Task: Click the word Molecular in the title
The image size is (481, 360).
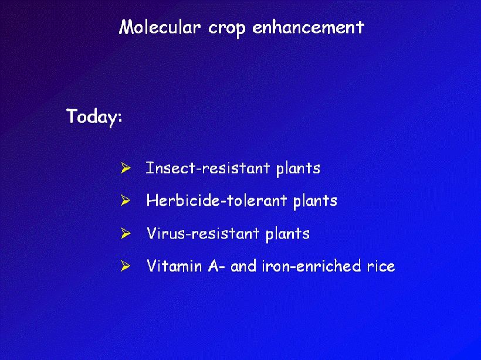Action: [160, 27]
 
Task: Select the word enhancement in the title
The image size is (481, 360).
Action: [309, 27]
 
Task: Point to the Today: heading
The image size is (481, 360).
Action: [94, 117]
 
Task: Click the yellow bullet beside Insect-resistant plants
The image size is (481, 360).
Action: [126, 168]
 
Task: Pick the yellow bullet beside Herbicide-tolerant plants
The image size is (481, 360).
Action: [126, 201]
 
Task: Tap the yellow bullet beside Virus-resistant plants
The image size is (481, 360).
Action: [126, 233]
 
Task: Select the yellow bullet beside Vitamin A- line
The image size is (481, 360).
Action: [126, 266]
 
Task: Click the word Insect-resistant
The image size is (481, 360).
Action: [208, 168]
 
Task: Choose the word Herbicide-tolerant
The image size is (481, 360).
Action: [216, 201]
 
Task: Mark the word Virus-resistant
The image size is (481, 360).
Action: [203, 233]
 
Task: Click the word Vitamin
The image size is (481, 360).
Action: [174, 266]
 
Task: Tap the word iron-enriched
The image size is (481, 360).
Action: [311, 266]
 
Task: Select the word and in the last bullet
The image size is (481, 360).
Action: [243, 266]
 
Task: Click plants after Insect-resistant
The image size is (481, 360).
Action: [298, 169]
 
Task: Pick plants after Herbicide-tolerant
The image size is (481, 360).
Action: [315, 202]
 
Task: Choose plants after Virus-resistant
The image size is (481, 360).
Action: [287, 235]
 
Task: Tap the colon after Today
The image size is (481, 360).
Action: [120, 118]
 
